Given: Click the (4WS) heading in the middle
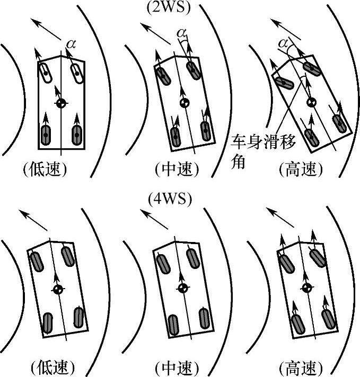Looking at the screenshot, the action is tap(169, 200).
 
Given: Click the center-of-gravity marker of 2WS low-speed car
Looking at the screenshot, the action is tap(62, 103).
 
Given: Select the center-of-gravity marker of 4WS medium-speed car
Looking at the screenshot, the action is tap(183, 288).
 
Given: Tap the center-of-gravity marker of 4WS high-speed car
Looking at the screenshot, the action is tap(305, 288).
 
